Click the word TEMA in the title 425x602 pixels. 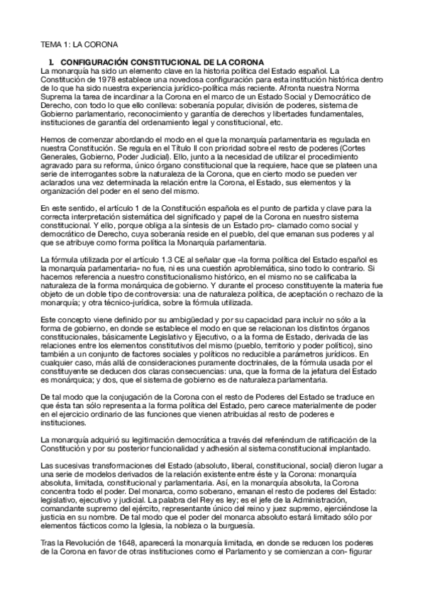[x=50, y=44]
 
